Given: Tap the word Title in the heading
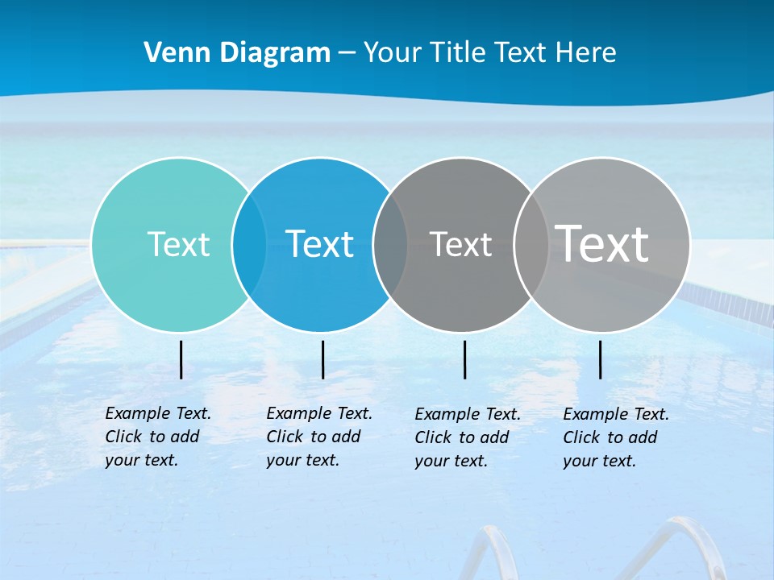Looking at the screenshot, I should pyautogui.click(x=458, y=53).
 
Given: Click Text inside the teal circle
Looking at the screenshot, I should pyautogui.click(x=178, y=244).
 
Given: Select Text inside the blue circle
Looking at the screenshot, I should pyautogui.click(x=320, y=244).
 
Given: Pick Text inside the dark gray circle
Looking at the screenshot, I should pyautogui.click(x=460, y=244).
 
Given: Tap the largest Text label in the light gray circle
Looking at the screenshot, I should pyautogui.click(x=602, y=243).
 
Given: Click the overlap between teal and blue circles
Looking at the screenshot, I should pyautogui.click(x=249, y=244).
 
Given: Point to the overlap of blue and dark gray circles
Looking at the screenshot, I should pyautogui.click(x=390, y=244).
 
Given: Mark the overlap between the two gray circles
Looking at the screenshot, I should pyautogui.click(x=531, y=244).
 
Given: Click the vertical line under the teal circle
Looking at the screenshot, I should pyautogui.click(x=181, y=359).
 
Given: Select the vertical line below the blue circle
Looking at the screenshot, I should pyautogui.click(x=322, y=359).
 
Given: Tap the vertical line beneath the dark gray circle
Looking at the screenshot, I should pyautogui.click(x=465, y=359).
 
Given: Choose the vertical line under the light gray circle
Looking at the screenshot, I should pyautogui.click(x=601, y=359).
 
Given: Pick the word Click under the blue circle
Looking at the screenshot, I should pyautogui.click(x=285, y=437).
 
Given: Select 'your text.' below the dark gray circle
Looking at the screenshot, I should pyautogui.click(x=451, y=461).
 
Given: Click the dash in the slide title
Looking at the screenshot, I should pyautogui.click(x=347, y=54).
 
